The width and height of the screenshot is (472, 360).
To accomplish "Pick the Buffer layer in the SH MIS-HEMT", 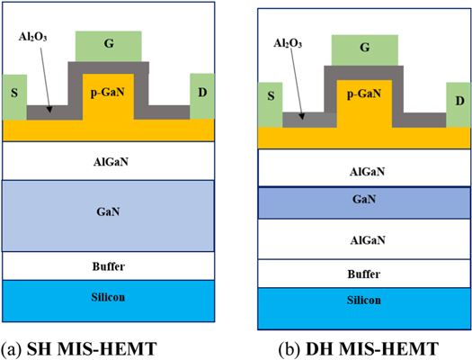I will click(108, 266).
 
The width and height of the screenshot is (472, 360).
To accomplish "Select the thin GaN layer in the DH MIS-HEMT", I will click(364, 203).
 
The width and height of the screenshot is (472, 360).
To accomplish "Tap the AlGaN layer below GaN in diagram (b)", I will click(364, 240).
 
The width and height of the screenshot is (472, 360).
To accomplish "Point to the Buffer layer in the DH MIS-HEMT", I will click(364, 274).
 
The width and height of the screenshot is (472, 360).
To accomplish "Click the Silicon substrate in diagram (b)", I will click(364, 307).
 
